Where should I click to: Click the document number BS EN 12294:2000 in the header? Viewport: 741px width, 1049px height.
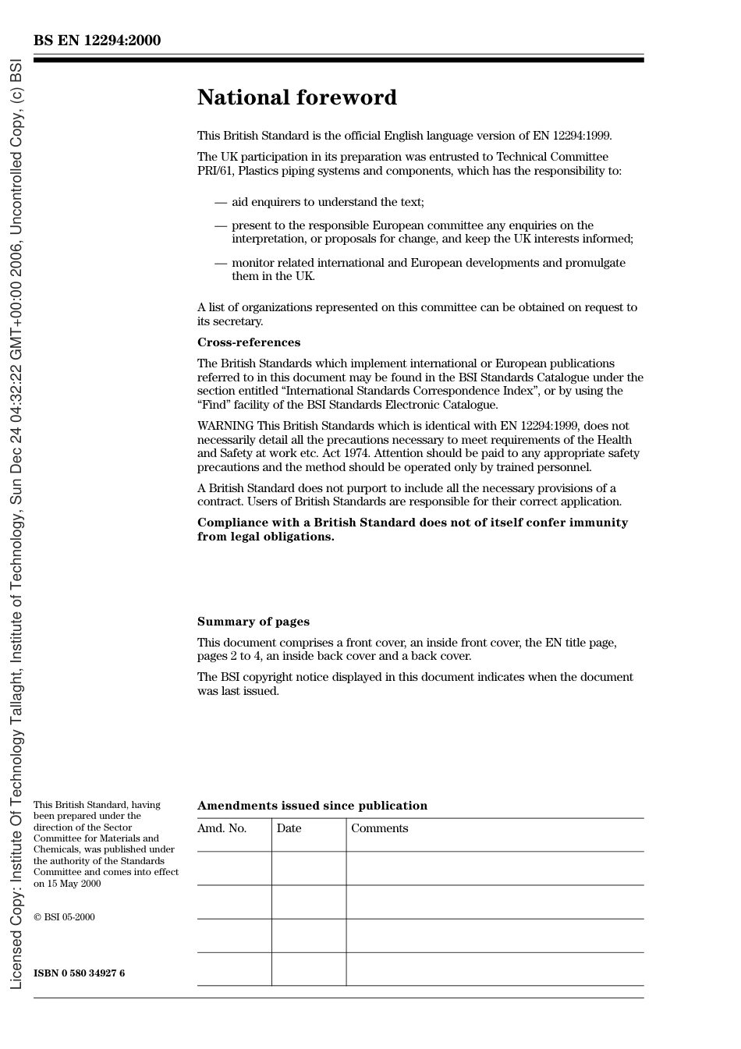[97, 41]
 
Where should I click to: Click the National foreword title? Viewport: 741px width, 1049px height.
[296, 97]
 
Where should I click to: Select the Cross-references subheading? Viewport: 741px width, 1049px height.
[248, 342]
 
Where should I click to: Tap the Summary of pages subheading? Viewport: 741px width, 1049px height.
[253, 622]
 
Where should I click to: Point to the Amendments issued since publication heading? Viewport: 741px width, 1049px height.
[312, 806]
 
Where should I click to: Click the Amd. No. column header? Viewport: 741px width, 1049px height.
[222, 828]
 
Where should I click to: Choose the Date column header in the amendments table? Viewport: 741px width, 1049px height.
[289, 828]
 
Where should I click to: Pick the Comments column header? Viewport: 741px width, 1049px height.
[379, 828]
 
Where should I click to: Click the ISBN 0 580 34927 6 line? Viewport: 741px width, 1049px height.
[79, 973]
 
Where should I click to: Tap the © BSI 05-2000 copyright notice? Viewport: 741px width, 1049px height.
[64, 917]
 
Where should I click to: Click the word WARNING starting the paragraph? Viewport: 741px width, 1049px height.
[225, 426]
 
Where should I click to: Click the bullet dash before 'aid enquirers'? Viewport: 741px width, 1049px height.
[220, 202]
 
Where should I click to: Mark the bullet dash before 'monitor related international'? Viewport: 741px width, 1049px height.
[220, 263]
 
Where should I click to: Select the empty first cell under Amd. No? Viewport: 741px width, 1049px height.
[234, 868]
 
